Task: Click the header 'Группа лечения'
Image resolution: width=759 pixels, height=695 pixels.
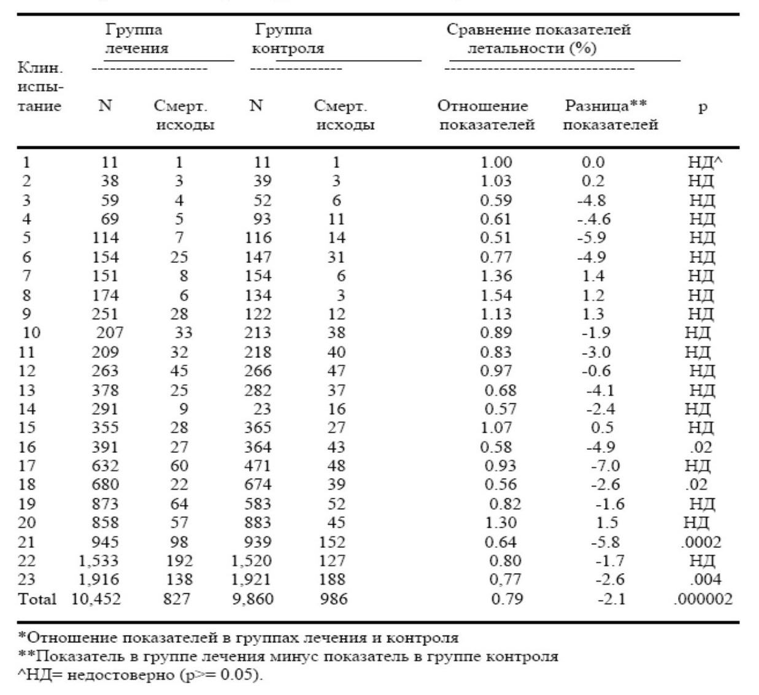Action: tap(136, 39)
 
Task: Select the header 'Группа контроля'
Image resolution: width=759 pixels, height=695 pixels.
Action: tap(288, 39)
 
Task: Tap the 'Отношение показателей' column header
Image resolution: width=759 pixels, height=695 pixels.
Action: tap(486, 115)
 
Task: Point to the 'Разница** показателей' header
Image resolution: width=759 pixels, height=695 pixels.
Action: tap(611, 115)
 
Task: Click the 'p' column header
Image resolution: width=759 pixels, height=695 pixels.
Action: tap(703, 108)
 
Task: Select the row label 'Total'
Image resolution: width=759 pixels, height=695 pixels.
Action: tap(37, 599)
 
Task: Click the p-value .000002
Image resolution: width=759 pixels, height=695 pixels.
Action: tap(703, 599)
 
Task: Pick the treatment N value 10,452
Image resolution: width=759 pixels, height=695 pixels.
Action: tap(96, 599)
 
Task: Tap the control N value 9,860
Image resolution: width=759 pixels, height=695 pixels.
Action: tap(253, 599)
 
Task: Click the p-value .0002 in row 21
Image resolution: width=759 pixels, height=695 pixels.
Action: tap(701, 542)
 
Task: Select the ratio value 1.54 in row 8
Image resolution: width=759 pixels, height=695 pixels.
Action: tap(496, 295)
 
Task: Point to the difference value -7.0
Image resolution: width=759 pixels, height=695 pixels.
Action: tap(606, 466)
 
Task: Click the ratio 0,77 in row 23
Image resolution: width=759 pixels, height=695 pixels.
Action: tap(505, 579)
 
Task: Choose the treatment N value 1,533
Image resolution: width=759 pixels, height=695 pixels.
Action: tap(98, 561)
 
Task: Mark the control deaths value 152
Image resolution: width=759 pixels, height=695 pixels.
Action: tap(332, 542)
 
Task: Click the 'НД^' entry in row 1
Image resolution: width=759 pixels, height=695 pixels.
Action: tap(705, 162)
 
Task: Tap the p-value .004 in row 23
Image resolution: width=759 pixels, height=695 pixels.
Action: tap(705, 579)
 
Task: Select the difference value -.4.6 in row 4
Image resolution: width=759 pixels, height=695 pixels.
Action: tap(594, 219)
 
